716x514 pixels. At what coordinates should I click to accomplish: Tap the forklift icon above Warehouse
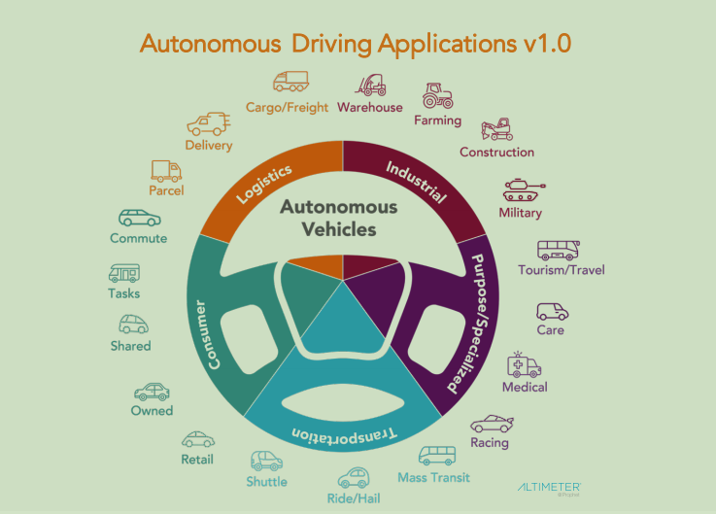point(369,85)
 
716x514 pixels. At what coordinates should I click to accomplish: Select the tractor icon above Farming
point(438,96)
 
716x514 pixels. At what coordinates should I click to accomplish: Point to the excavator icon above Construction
point(497,129)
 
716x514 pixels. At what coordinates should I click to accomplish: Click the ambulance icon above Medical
point(525,365)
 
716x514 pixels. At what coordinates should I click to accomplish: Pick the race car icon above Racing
point(490,424)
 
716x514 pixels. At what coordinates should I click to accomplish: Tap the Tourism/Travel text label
point(562,269)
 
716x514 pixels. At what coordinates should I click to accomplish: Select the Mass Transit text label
point(433,477)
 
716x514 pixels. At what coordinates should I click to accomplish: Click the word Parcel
point(166,190)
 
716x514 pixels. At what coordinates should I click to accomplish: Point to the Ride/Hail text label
point(355,499)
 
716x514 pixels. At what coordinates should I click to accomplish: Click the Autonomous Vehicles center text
point(338,218)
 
